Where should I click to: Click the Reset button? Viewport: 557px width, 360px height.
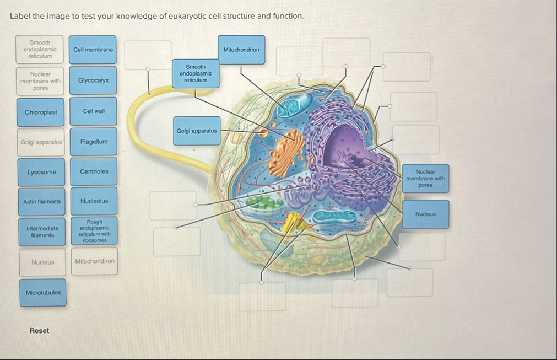(39, 331)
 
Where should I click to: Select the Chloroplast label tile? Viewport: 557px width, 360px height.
(41, 112)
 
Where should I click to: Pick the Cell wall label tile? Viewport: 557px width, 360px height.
(94, 111)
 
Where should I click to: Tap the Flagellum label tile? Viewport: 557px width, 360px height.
(94, 142)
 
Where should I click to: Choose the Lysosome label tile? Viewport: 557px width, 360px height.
(41, 172)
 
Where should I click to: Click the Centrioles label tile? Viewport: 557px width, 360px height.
(94, 171)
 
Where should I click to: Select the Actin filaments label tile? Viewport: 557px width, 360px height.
(42, 202)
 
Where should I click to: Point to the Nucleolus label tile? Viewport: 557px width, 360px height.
(94, 201)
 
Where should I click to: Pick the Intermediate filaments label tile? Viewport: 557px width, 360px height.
(42, 232)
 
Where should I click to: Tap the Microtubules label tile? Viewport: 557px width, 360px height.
(43, 292)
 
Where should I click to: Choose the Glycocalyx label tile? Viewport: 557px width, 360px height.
(94, 80)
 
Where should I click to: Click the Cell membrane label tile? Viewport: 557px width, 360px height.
(93, 50)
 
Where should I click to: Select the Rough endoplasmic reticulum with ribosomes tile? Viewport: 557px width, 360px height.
(94, 231)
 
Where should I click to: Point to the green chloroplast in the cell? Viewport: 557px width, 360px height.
(263, 202)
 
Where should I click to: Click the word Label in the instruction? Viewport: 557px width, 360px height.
(20, 16)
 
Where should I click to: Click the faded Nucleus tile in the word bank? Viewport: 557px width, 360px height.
(43, 262)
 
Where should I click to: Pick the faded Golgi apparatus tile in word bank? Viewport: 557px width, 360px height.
(41, 142)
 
